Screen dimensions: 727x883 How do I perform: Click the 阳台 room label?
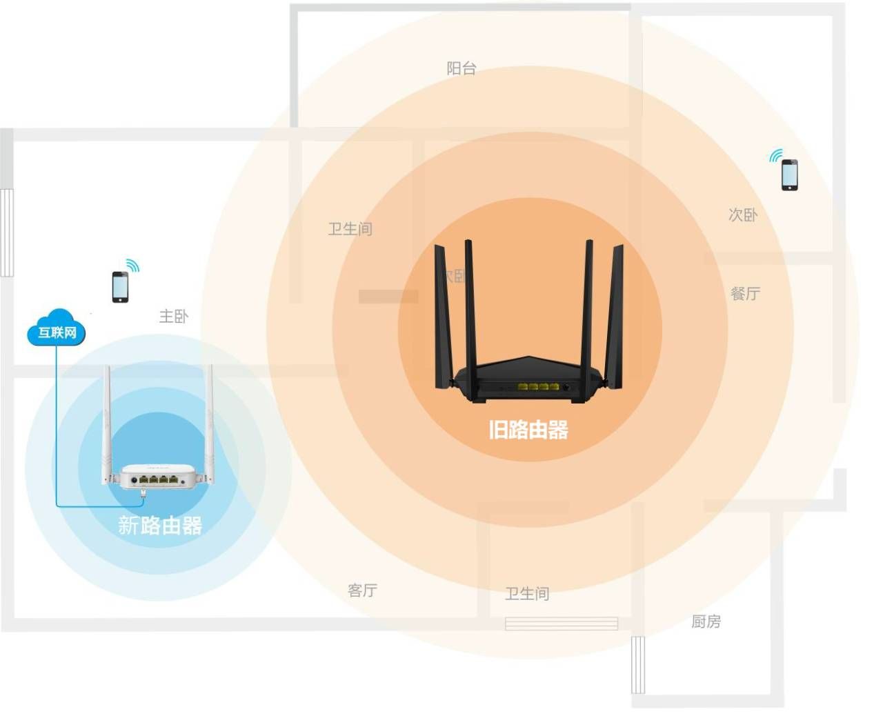pos(461,68)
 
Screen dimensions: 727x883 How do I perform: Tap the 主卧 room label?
pos(173,317)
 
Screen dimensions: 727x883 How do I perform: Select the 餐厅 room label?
pos(745,294)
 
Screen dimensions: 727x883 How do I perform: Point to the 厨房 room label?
pos(706,622)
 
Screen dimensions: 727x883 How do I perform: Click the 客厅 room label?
pos(362,590)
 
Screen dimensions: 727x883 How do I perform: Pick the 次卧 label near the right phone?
pos(743,215)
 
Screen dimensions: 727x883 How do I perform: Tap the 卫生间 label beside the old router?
pos(350,229)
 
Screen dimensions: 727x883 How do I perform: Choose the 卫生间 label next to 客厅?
pos(527,594)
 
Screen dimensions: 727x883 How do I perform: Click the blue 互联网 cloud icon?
pos(57,330)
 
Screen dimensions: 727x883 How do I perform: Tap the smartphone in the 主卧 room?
pos(120,287)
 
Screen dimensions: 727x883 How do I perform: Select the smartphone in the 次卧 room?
pos(789,175)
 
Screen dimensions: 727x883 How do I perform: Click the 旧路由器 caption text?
pos(528,430)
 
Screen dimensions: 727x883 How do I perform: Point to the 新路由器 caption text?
pos(160,526)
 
